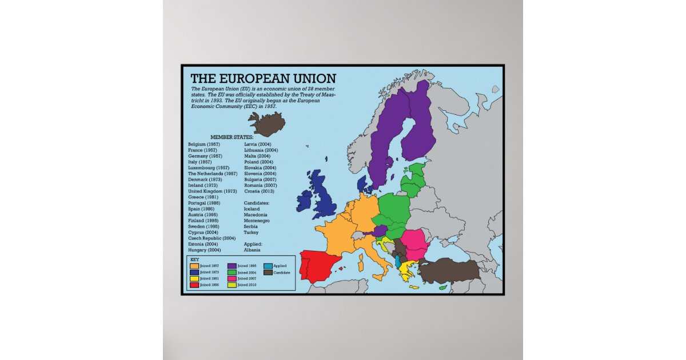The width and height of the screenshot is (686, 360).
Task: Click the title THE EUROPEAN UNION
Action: pos(263,78)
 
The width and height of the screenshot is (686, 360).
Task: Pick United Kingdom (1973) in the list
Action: pos(212,191)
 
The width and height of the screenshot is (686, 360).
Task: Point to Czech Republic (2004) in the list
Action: pos(212,238)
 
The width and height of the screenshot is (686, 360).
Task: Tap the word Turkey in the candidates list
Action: pos(251,232)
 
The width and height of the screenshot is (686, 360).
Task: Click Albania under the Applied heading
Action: pos(252,250)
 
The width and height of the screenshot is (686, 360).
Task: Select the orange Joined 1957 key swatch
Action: pos(194,266)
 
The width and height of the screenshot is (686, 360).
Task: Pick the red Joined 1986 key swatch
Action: pos(194,284)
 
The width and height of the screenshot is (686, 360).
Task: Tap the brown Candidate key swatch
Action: pos(268,273)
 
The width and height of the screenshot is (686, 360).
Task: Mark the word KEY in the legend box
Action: pos(194,259)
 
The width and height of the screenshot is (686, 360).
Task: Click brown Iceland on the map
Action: pos(266,122)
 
